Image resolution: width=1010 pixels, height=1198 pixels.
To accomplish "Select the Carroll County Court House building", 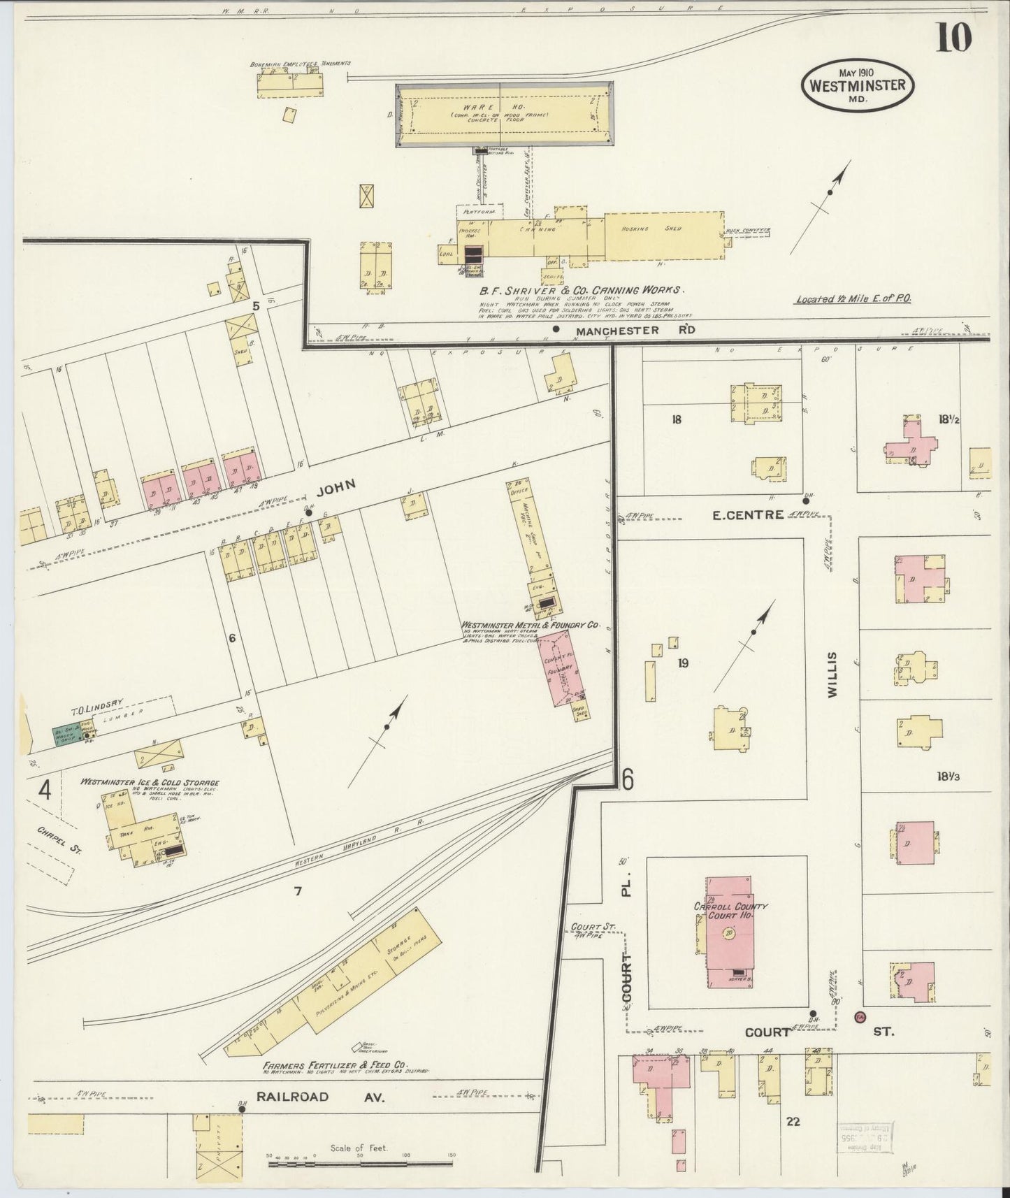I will point(730,932).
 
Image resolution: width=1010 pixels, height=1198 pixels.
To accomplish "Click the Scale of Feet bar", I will point(360,1164).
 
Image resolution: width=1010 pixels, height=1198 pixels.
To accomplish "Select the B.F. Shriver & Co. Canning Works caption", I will point(582,289).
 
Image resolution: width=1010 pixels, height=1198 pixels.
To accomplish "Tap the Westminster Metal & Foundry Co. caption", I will point(530,626).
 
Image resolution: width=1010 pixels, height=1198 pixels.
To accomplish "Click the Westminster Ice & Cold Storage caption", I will point(150,782).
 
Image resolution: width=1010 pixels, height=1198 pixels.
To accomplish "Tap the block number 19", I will point(683,663).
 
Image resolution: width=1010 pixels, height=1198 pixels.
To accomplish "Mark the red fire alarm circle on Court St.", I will point(859,1017).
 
